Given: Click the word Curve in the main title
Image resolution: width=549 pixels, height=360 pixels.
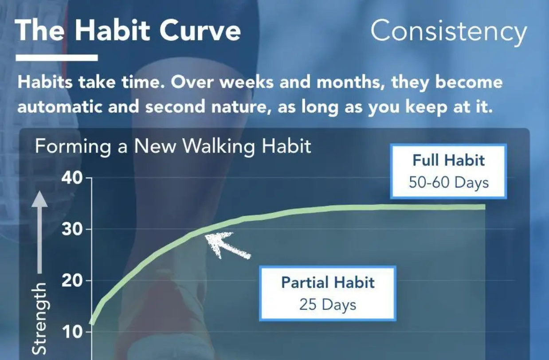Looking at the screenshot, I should click(200, 31).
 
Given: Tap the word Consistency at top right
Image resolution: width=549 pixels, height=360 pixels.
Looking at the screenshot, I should click(449, 31).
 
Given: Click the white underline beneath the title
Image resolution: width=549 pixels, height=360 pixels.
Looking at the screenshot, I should click(57, 58).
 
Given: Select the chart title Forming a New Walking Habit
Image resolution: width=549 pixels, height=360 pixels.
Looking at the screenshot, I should click(173, 146).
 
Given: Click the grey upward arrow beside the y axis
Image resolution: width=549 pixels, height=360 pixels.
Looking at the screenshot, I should click(40, 231).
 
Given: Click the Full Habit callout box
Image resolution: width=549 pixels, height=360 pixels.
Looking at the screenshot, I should click(448, 171).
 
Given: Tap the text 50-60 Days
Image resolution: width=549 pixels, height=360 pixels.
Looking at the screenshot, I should click(448, 182).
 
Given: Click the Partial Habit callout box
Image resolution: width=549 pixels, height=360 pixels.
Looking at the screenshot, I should click(328, 293).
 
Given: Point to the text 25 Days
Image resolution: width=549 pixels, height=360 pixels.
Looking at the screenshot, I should click(328, 305).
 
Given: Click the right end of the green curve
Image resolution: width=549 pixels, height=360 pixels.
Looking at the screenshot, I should click(484, 207).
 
